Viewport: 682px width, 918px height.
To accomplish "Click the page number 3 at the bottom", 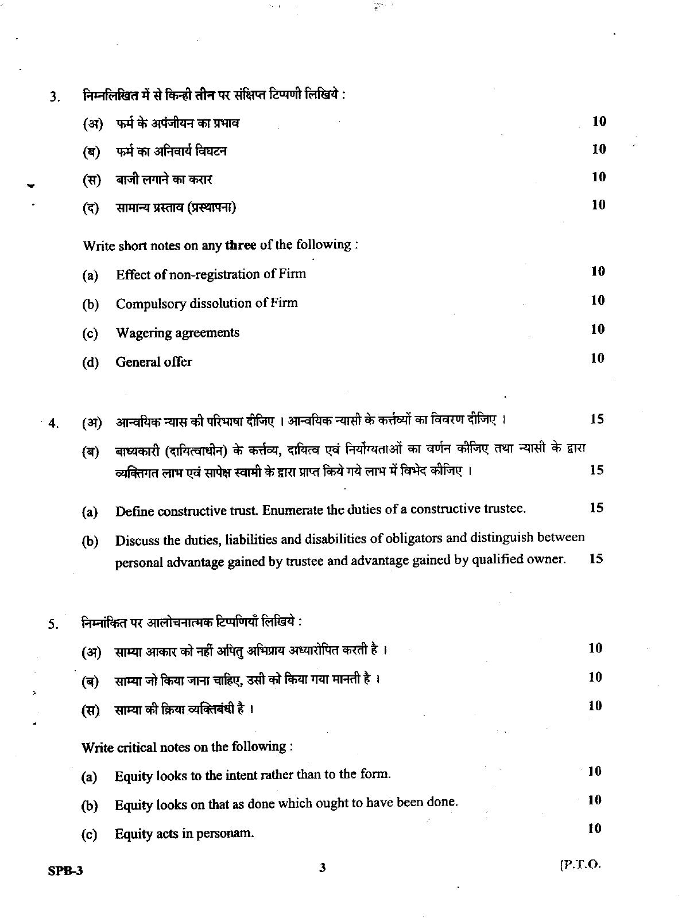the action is point(322,868).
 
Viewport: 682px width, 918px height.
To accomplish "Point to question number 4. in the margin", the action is point(53,424).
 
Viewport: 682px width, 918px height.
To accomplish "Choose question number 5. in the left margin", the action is point(53,625).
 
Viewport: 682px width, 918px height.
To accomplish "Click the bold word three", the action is point(241,245).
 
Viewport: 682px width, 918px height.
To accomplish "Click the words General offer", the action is point(154,362).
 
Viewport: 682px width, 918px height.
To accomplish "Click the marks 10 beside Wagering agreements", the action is point(598,329).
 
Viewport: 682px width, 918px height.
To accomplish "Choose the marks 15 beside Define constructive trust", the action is point(596,508).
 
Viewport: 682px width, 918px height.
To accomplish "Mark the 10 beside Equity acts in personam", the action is point(595,828).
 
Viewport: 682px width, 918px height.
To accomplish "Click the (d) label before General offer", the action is point(90,363).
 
